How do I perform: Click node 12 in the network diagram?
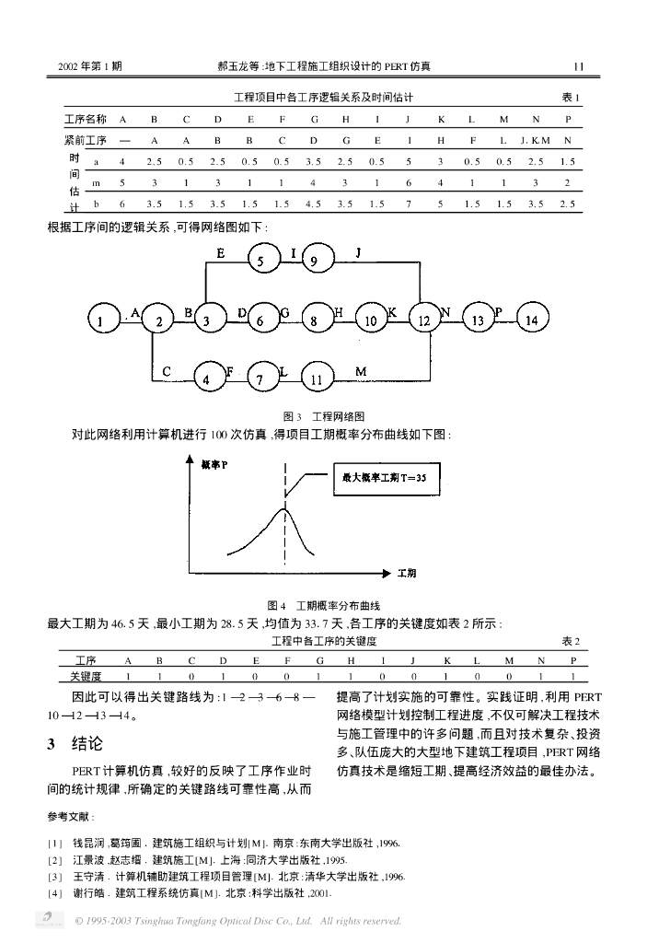click(x=424, y=320)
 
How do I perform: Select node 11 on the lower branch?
click(x=316, y=378)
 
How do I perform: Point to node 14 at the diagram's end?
click(x=532, y=320)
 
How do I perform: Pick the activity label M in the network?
click(x=361, y=370)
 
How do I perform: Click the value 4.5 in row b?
click(x=313, y=204)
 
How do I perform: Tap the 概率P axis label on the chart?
click(x=214, y=465)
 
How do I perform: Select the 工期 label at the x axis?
click(x=406, y=573)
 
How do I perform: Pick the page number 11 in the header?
click(x=578, y=66)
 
